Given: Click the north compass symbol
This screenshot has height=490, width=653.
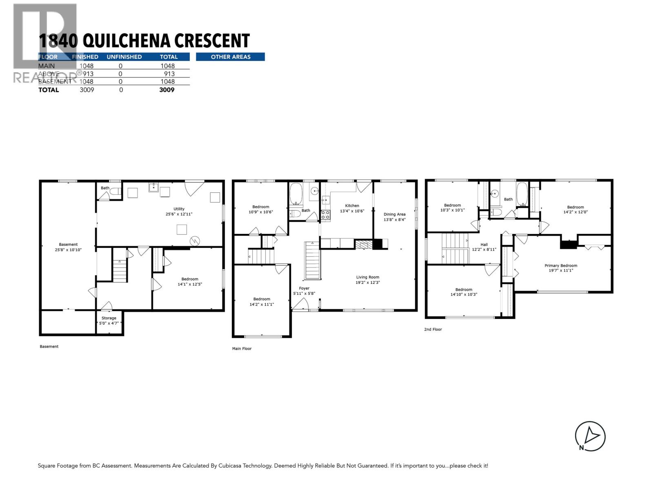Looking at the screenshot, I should pyautogui.click(x=590, y=437).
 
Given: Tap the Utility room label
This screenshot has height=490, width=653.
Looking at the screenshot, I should pyautogui.click(x=179, y=209).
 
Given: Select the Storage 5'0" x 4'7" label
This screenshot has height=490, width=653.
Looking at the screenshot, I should pyautogui.click(x=109, y=318).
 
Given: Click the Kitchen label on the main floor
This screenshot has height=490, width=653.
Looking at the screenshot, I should pyautogui.click(x=352, y=206).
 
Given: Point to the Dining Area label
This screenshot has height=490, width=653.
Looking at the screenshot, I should pyautogui.click(x=394, y=214).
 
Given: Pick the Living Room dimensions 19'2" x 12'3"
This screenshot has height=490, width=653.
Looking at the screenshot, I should pyautogui.click(x=367, y=283).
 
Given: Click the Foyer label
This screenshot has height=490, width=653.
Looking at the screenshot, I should pyautogui.click(x=304, y=288).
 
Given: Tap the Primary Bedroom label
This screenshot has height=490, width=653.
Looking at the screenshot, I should pyautogui.click(x=561, y=265).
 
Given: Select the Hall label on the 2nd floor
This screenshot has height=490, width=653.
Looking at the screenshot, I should pyautogui.click(x=484, y=245).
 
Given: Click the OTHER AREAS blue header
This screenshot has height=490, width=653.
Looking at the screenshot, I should pyautogui.click(x=230, y=57).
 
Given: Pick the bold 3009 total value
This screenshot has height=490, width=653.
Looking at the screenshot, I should pyautogui.click(x=167, y=90).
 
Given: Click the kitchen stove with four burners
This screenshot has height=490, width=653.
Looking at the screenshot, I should pyautogui.click(x=325, y=215).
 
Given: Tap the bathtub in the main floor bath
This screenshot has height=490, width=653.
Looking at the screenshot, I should pyautogui.click(x=296, y=194).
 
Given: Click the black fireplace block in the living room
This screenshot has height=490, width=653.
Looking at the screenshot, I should pyautogui.click(x=378, y=244).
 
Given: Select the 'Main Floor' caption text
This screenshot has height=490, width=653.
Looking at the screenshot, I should pyautogui.click(x=242, y=349).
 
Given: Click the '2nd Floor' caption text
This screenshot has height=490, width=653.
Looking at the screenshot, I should pyautogui.click(x=433, y=329).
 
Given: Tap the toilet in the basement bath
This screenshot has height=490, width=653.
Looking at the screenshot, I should pyautogui.click(x=116, y=191).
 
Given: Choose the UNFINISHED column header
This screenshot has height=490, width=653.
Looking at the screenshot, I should pyautogui.click(x=124, y=57).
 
